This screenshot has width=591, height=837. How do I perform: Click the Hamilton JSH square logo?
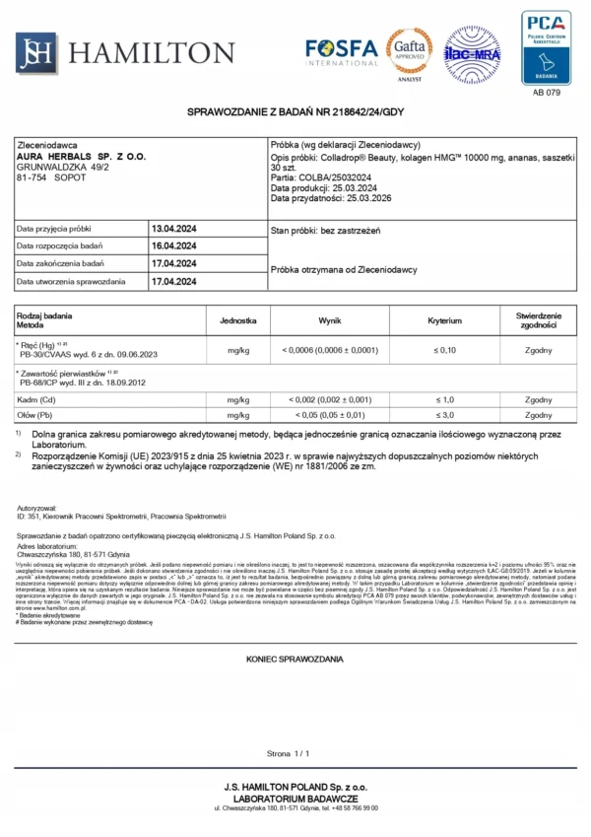(36, 51)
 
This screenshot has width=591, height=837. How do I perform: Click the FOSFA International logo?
(341, 51)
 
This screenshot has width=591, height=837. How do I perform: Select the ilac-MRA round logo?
(472, 53)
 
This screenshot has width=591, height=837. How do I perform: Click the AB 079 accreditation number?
(546, 93)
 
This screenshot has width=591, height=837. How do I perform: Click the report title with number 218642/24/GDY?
(295, 114)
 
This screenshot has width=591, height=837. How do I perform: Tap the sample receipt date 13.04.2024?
(174, 229)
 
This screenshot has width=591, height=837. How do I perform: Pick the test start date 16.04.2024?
(174, 246)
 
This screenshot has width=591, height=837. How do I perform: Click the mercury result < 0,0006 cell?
(330, 350)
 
